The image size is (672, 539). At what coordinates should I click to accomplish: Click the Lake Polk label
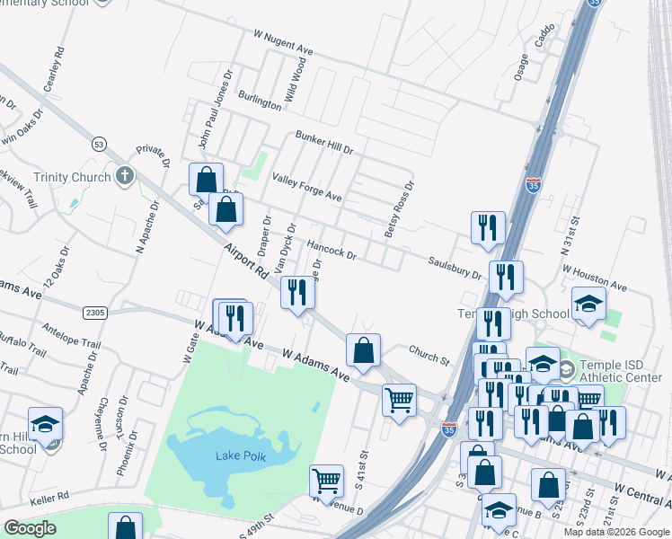[x=239, y=455]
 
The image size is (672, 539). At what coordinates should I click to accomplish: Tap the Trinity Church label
[x=72, y=177]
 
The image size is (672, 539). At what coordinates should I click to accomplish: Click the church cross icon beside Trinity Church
[x=124, y=176]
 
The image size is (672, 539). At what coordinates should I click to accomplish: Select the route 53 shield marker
[x=99, y=143]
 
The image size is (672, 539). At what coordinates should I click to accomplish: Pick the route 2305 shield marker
[x=94, y=313]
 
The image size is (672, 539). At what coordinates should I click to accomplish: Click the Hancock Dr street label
[x=332, y=249]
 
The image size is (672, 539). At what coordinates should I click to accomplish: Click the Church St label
[x=429, y=354]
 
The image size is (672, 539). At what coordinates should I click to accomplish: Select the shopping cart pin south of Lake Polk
[x=326, y=482]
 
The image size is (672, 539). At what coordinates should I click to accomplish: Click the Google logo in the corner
[x=30, y=528]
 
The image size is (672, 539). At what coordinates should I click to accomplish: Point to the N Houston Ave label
[x=594, y=273]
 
